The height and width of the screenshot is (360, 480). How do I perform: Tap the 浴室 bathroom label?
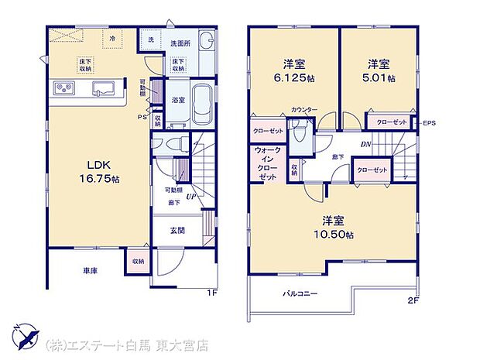(177, 100)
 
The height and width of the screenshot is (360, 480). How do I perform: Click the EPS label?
(429, 122)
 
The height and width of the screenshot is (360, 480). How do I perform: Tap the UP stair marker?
(189, 197)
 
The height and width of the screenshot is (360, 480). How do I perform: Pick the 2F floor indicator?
(413, 300)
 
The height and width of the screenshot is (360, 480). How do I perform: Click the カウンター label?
(304, 110)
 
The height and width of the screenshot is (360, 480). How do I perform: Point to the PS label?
(142, 117)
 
